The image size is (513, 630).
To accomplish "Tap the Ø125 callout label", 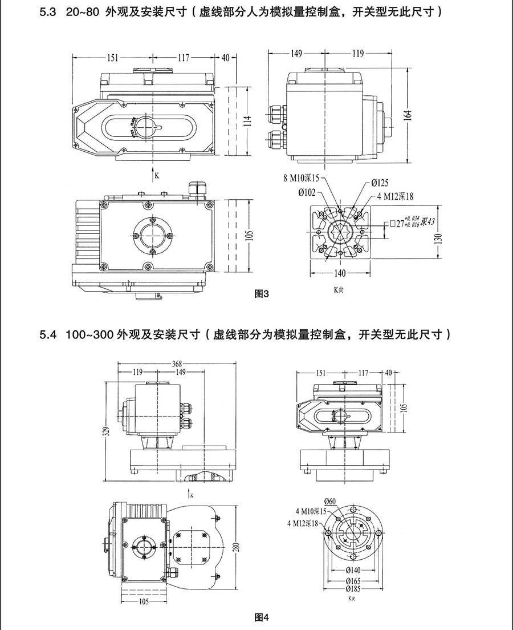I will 380,183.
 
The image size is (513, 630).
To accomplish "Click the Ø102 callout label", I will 306,192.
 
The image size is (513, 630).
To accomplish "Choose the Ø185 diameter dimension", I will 351,588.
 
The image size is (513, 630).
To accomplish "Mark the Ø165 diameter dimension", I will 351,580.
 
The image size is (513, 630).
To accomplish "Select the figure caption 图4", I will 260,617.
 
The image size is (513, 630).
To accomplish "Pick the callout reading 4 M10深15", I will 311,511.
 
